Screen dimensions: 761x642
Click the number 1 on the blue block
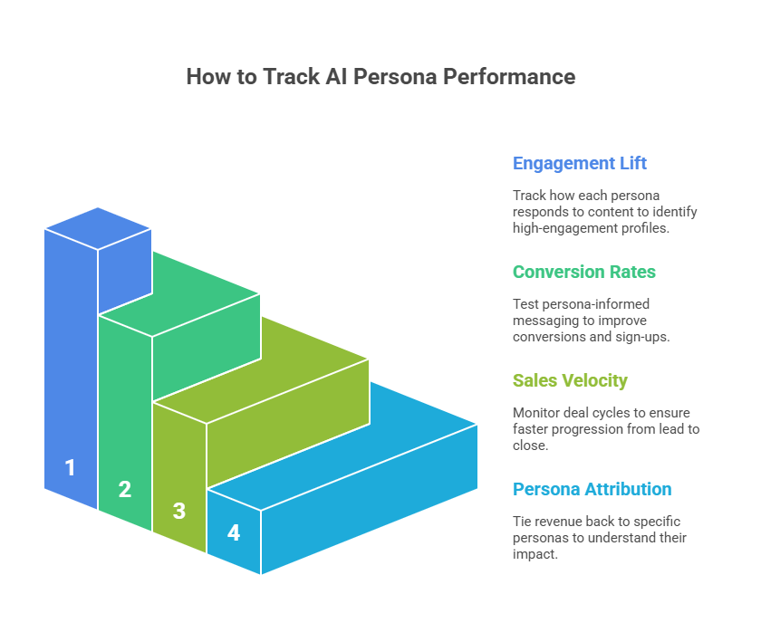[71, 468]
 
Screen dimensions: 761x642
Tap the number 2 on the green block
[125, 489]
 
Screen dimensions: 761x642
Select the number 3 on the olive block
[179, 511]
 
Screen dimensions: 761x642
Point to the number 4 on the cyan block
[234, 532]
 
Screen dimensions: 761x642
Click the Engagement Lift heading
[580, 164]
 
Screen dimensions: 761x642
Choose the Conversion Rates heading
[583, 272]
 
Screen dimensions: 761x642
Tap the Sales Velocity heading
[570, 381]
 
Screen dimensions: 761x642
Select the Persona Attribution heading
[592, 489]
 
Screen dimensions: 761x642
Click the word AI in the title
[336, 77]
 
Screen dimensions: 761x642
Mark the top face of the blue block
[98, 228]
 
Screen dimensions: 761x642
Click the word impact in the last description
[535, 554]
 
